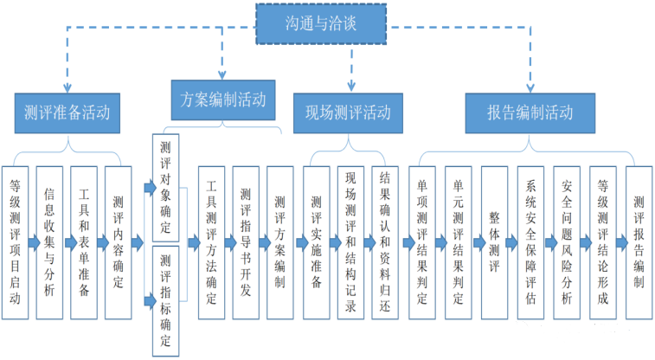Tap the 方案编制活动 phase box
tap(223, 95)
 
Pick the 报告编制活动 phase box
tap(530, 112)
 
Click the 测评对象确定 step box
tap(164, 186)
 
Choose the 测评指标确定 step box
tap(164, 299)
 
